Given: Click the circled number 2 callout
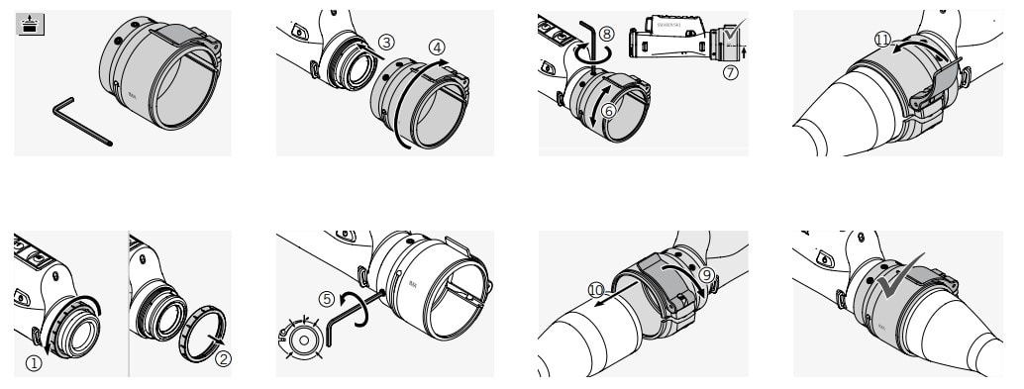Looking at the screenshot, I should [x=223, y=358].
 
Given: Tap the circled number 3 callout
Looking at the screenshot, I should [x=386, y=41].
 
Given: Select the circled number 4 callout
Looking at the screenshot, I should [x=436, y=47].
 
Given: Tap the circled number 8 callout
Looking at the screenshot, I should [x=607, y=33].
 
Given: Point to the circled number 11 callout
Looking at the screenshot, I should [x=882, y=39].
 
